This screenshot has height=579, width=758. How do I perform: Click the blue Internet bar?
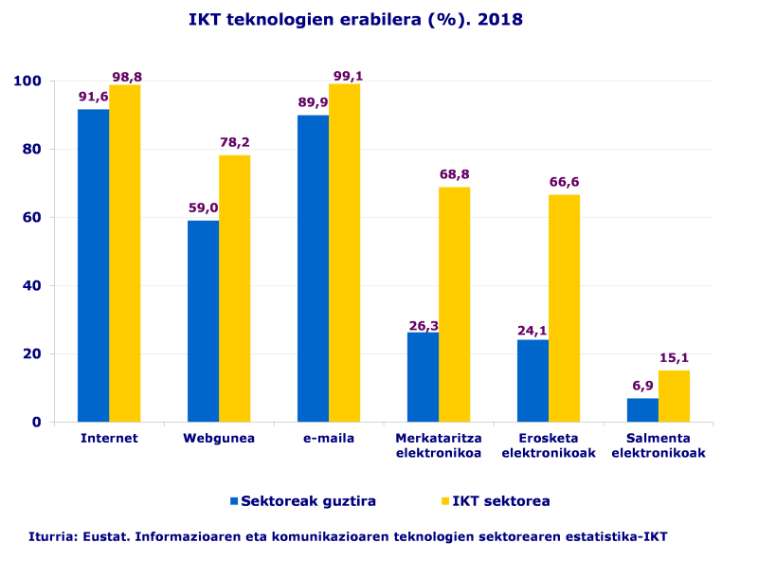coord(93,265)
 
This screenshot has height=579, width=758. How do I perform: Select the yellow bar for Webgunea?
coord(234,288)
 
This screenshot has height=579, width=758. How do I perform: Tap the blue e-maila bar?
coord(313,268)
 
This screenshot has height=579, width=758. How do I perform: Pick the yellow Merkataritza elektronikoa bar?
coord(454,304)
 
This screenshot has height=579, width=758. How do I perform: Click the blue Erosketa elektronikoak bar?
coord(532,380)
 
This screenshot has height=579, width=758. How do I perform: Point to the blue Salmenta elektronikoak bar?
coord(642,409)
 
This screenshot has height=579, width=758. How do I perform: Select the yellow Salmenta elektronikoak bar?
coord(674,396)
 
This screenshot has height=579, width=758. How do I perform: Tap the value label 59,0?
coord(203,208)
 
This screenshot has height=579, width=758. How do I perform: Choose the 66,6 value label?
coord(564,182)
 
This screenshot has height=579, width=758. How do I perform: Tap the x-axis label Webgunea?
coord(219,438)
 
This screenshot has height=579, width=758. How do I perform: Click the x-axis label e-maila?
coord(329,438)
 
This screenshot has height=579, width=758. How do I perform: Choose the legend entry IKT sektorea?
coord(500,500)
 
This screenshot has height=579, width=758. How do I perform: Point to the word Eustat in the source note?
coord(104,536)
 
